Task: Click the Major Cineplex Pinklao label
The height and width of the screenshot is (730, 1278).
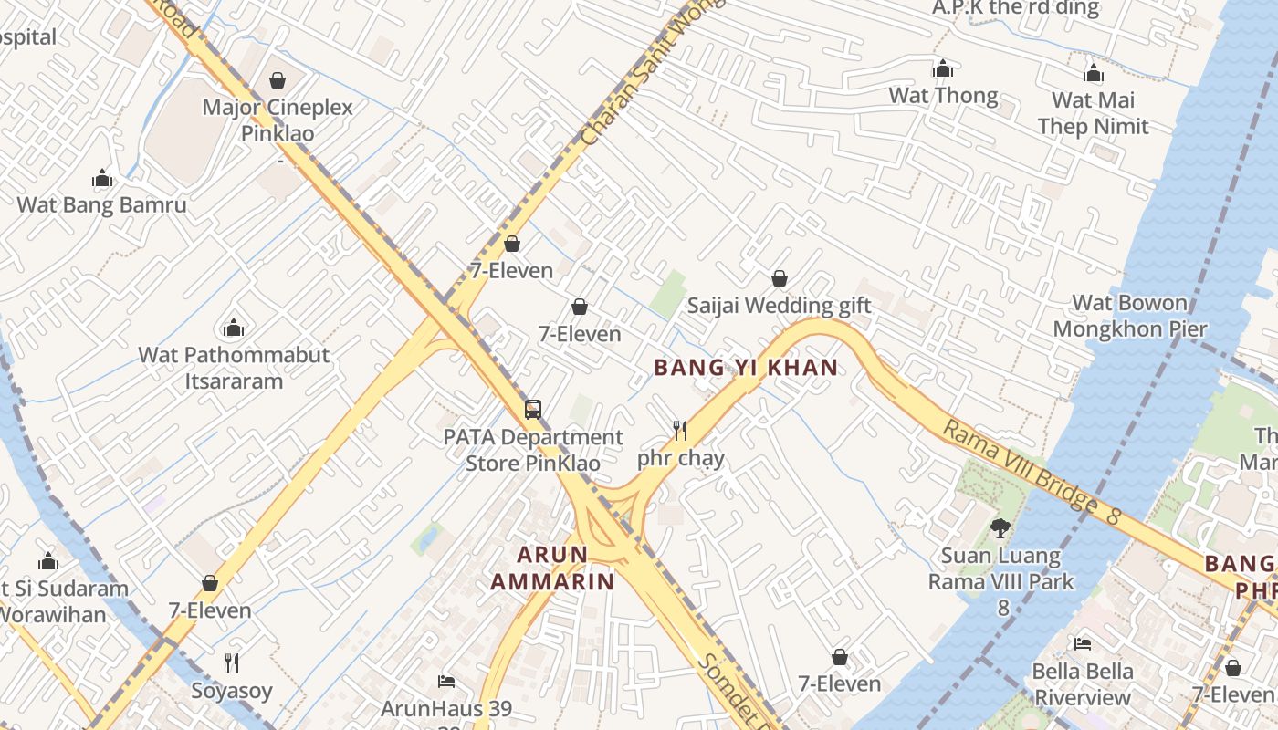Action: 278,120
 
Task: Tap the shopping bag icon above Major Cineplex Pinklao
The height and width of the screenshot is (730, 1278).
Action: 278,80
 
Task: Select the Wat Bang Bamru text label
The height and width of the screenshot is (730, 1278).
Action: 102,204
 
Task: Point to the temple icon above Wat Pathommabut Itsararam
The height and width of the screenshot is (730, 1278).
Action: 234,328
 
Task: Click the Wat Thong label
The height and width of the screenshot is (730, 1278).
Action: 943,96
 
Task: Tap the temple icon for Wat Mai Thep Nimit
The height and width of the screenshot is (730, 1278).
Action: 1093,74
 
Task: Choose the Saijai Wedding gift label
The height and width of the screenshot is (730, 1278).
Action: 779,306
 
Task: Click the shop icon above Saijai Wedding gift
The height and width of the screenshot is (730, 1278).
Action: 780,278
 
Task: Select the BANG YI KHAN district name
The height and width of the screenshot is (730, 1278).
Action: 746,368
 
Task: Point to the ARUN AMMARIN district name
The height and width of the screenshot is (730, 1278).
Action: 552,568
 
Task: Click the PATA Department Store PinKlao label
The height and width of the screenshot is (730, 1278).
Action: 533,451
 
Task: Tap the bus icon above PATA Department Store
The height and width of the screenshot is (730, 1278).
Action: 533,410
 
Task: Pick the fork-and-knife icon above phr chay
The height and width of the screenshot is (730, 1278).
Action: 680,430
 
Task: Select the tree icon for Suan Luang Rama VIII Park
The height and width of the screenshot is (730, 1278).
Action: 1000,527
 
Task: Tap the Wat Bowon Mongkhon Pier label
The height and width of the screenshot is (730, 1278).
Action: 1130,316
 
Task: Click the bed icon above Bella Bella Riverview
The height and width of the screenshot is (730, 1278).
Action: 1083,644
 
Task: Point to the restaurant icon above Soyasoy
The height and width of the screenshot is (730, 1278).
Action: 232,662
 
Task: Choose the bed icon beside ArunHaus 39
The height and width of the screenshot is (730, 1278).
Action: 446,682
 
